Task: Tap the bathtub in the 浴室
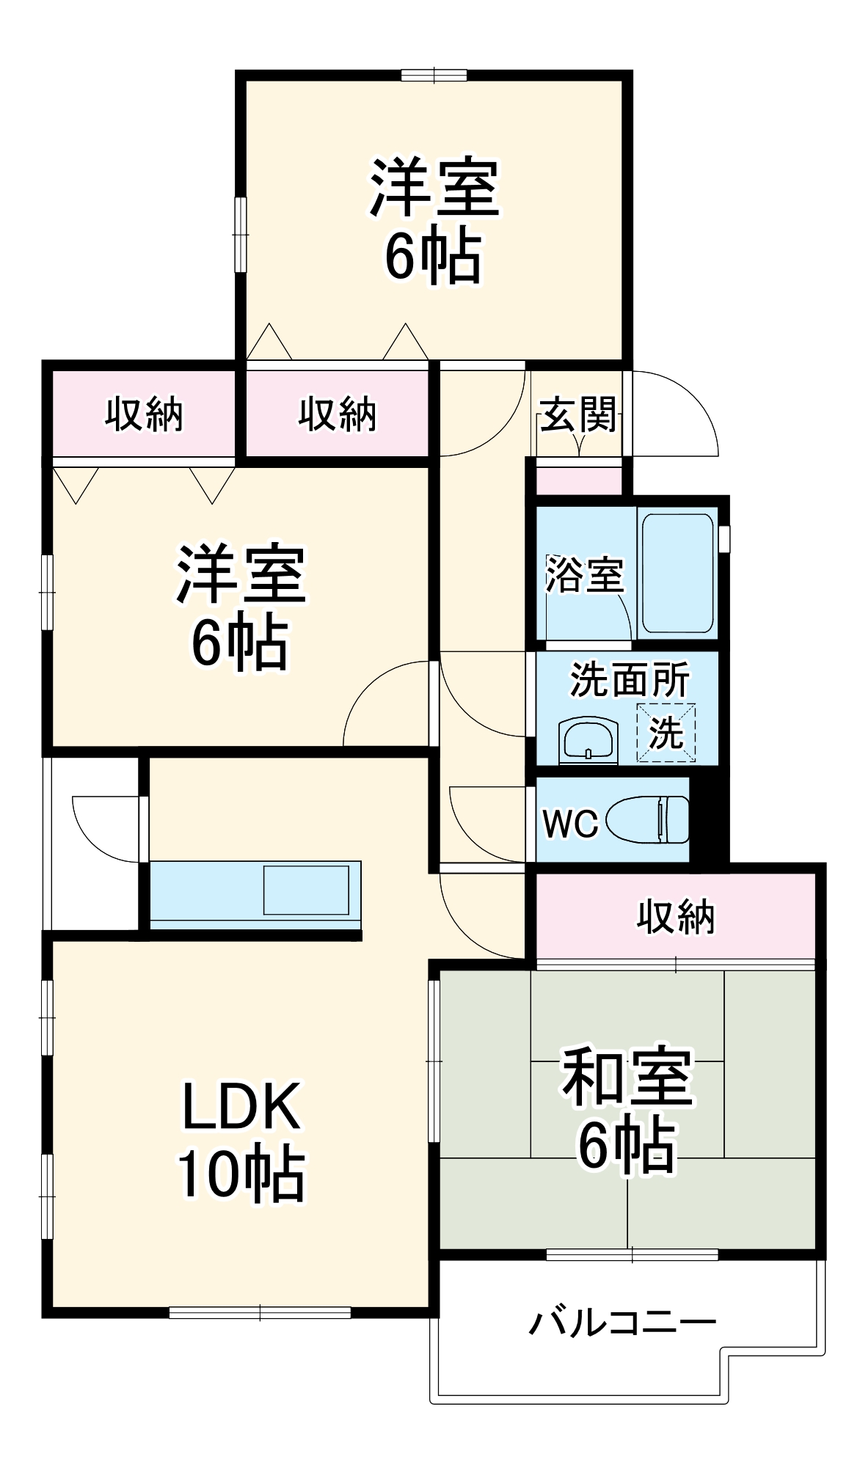[x=677, y=573]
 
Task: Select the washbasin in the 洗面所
[x=588, y=741]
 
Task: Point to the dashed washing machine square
[x=666, y=732]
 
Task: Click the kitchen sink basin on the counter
[x=306, y=890]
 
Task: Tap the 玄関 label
[x=578, y=416]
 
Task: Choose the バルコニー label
[x=622, y=1322]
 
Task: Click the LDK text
[x=241, y=1106]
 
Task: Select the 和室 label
[x=627, y=1077]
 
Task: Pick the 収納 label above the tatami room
[x=675, y=916]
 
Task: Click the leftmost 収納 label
[x=144, y=414]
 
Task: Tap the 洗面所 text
[x=630, y=680]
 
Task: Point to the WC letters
[x=570, y=824]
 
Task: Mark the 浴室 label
[x=584, y=574]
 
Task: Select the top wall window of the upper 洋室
[x=434, y=75]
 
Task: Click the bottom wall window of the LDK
[x=260, y=1312]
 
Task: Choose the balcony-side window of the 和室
[x=632, y=1255]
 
